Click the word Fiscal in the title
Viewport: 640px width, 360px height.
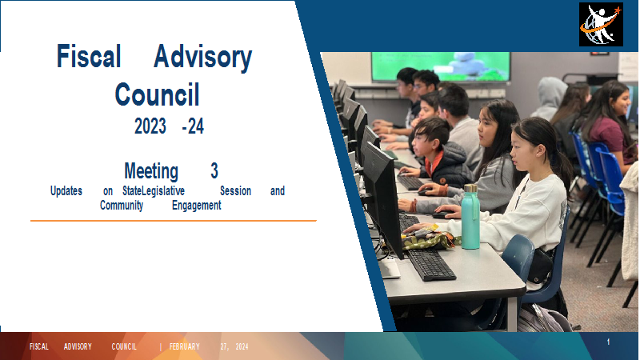point(89,56)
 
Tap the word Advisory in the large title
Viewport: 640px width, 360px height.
point(203,58)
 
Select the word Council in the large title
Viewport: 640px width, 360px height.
point(157,94)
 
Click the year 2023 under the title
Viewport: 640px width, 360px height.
point(150,126)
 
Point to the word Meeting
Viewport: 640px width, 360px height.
point(151,171)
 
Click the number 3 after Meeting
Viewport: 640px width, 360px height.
point(214,170)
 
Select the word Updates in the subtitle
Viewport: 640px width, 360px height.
point(66,191)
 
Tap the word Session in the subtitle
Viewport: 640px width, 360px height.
point(235,190)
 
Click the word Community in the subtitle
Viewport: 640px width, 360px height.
point(122,206)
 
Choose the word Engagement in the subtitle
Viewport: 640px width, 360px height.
point(196,206)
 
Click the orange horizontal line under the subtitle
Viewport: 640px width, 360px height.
point(174,221)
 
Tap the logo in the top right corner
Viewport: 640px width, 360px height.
point(601,25)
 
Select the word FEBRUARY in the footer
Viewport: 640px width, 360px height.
point(185,347)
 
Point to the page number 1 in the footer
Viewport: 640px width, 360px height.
point(608,342)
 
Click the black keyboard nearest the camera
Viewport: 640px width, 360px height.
point(431,265)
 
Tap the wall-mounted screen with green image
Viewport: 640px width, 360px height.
point(441,66)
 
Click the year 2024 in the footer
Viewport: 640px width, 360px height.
point(242,347)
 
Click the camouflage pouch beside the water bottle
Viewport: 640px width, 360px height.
point(429,239)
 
